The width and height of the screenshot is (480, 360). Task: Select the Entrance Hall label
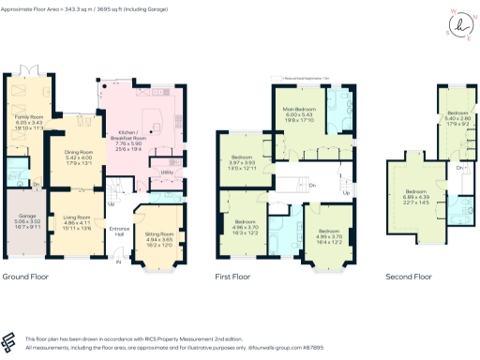coord(120,231)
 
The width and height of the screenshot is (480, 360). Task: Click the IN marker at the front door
coord(118,263)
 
